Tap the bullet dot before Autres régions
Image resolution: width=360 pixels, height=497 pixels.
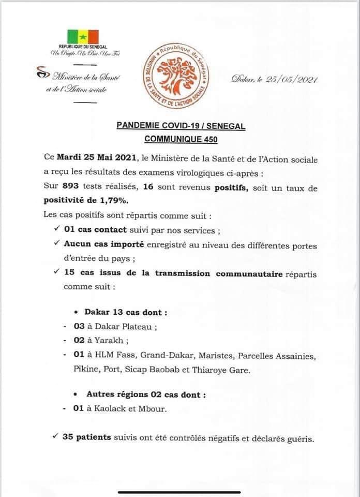78,394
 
